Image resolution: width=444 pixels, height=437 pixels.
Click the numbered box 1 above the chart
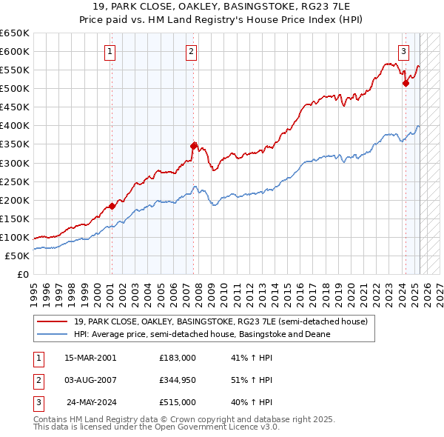click(110, 52)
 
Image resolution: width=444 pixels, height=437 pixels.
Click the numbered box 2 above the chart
click(191, 52)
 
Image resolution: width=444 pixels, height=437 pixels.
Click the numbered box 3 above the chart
click(403, 52)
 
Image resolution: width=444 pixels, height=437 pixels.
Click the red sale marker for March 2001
click(112, 206)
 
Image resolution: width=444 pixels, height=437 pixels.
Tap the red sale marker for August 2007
click(193, 146)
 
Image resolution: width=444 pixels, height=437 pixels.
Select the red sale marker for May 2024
click(406, 83)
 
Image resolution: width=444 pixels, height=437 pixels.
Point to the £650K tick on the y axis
click(15, 33)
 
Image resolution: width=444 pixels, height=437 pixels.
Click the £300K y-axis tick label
click(15, 163)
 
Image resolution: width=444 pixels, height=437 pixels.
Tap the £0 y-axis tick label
click(22, 274)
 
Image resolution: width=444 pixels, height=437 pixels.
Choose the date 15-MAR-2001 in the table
click(90, 358)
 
